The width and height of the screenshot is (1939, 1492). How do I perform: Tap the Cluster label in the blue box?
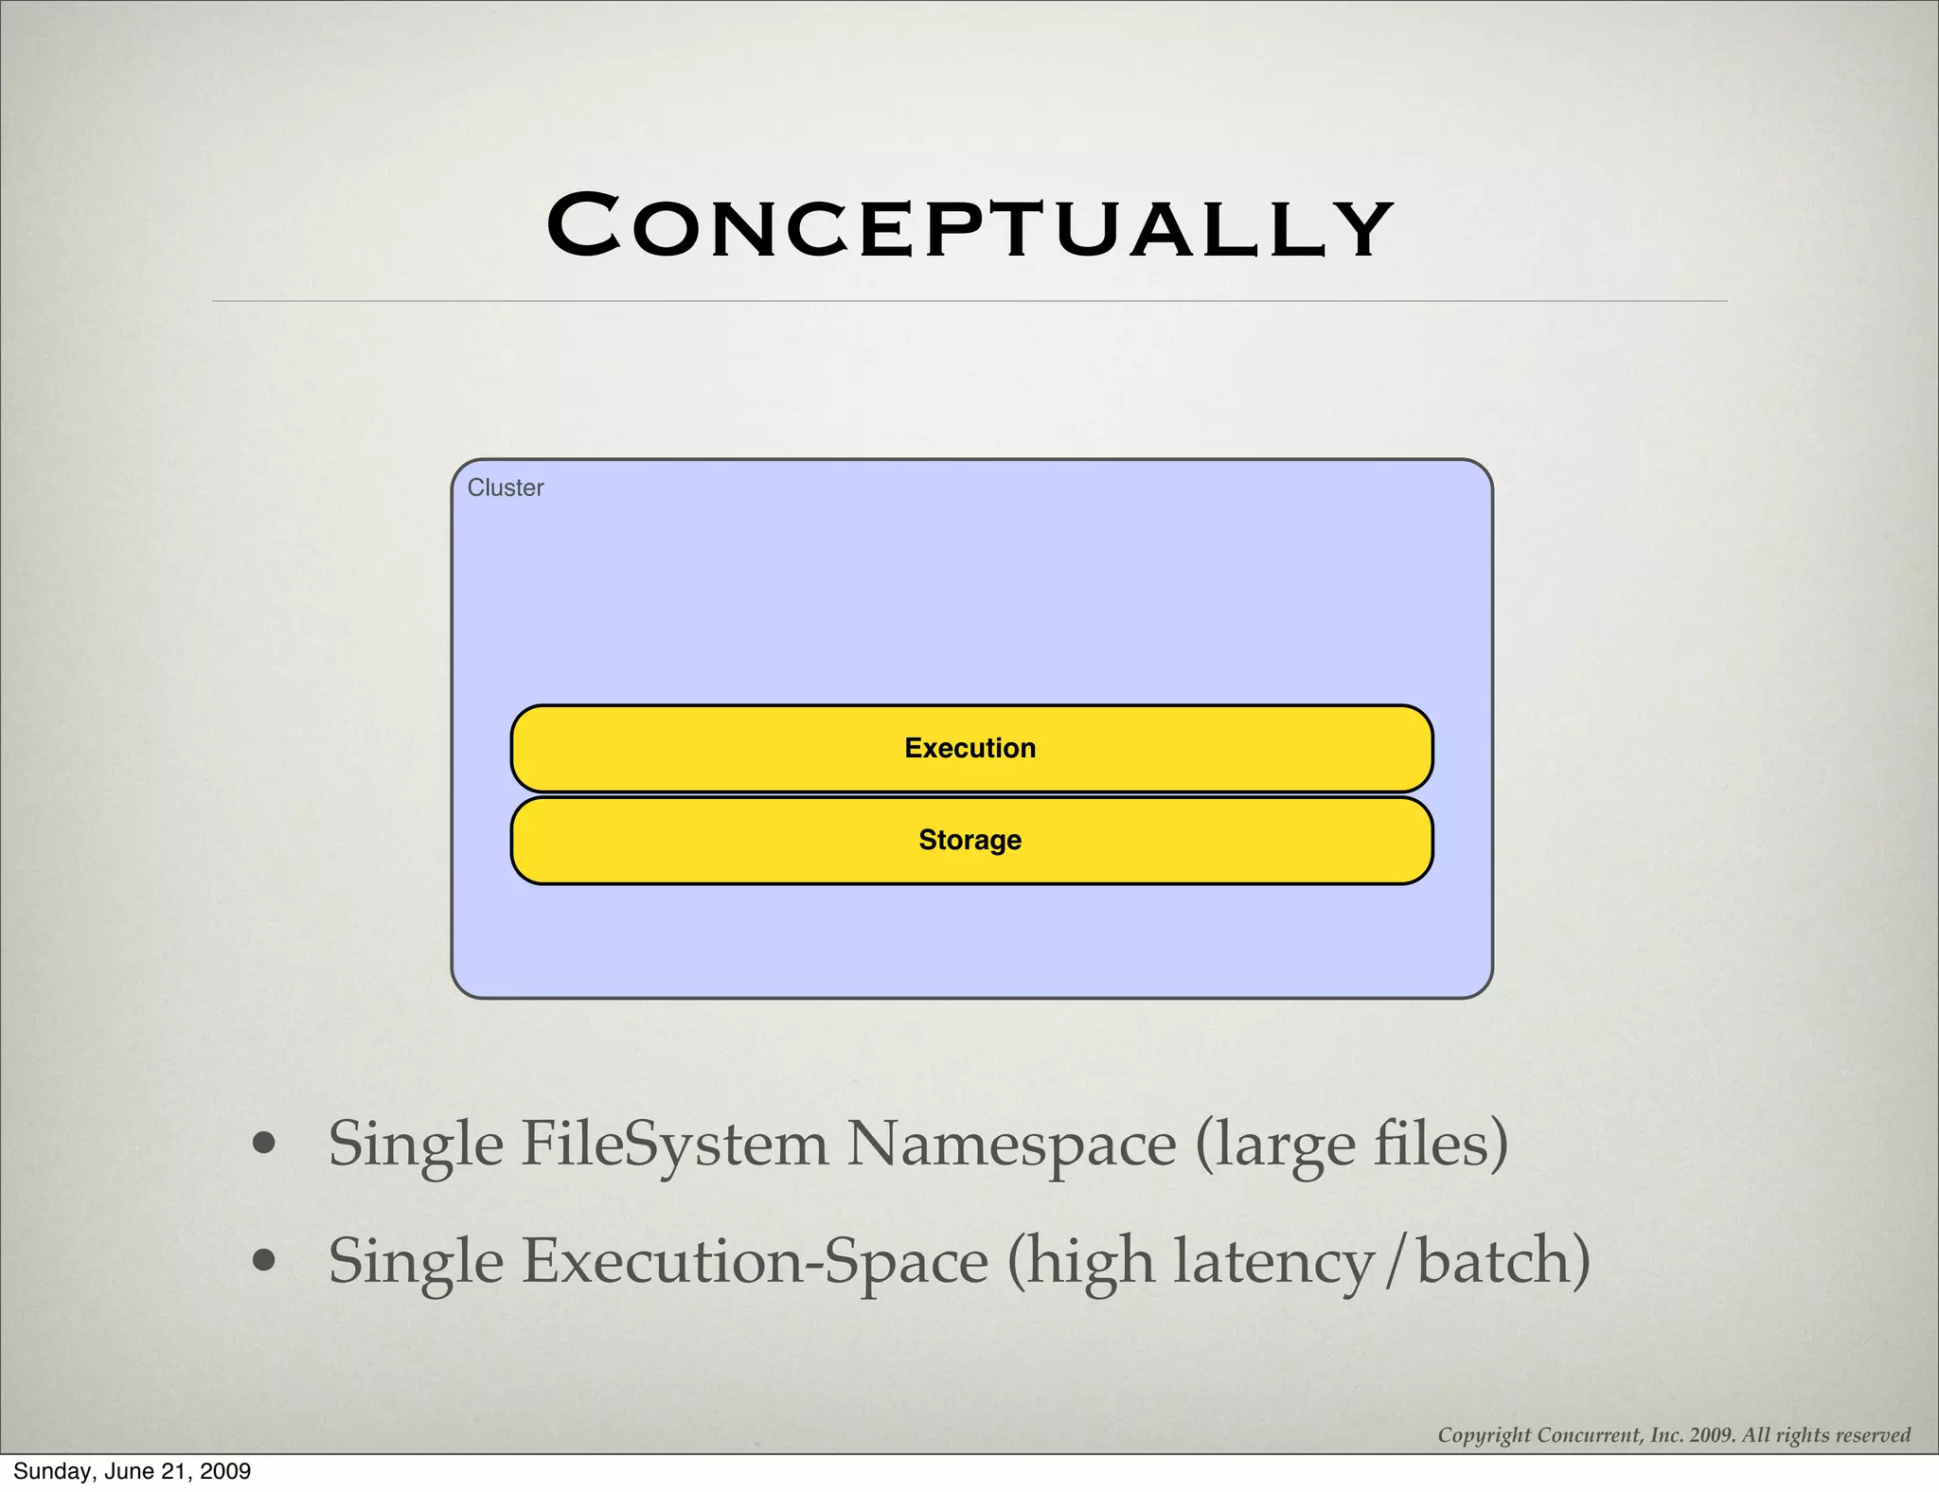506,488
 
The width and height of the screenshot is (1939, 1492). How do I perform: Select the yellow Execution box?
970,748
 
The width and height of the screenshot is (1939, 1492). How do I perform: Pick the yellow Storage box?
970,840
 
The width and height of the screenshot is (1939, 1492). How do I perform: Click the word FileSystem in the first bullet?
674,1144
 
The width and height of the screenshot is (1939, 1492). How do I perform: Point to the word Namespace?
1011,1144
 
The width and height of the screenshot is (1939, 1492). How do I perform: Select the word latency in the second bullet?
1274,1261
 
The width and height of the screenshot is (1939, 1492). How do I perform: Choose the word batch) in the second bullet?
1503,1261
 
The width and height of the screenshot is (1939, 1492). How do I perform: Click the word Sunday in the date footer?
47,1471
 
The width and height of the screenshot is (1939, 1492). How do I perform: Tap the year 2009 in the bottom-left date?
226,1471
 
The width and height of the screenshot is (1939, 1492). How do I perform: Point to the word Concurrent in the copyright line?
1590,1435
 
